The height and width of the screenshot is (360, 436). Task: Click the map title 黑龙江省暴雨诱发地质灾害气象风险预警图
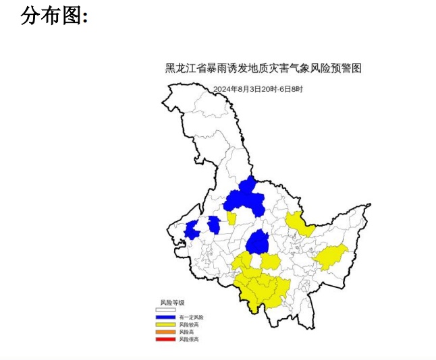264,68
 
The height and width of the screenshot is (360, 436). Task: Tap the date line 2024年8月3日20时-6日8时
258,89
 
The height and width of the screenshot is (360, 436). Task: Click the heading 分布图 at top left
54,16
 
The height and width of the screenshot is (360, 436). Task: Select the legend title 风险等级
172,302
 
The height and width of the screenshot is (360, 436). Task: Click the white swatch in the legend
165,309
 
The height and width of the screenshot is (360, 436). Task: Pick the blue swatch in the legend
165,317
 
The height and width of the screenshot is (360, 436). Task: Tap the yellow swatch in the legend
165,324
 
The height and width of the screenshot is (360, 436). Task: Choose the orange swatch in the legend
165,332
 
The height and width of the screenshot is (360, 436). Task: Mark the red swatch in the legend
165,339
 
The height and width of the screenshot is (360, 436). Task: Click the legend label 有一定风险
191,317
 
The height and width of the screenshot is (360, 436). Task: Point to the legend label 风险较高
189,324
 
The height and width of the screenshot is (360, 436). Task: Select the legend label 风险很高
189,339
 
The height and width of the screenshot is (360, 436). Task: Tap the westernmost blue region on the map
192,230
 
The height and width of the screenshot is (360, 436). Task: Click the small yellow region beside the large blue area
231,218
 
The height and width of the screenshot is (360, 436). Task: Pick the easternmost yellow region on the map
331,256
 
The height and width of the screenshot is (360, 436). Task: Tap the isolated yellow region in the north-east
299,223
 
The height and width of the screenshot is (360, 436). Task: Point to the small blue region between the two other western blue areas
214,224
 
